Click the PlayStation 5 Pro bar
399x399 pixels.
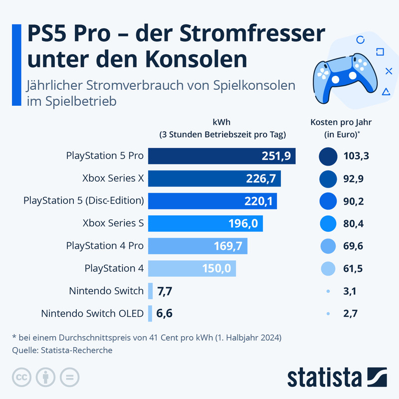pos(222,156)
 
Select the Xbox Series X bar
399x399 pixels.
pos(214,179)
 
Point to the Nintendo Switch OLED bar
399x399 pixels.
pos(150,314)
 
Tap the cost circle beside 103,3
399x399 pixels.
pos(328,156)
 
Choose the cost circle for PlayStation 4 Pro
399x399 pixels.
pos(328,246)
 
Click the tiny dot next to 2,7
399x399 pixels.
pos(328,314)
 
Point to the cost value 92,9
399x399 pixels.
pos(353,179)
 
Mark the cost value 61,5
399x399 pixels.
pos(353,268)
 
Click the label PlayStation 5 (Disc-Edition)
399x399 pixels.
pos(84,200)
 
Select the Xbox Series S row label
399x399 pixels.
pos(113,223)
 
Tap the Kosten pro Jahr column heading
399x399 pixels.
pos(341,128)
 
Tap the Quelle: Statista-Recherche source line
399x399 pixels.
pos(62,350)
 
